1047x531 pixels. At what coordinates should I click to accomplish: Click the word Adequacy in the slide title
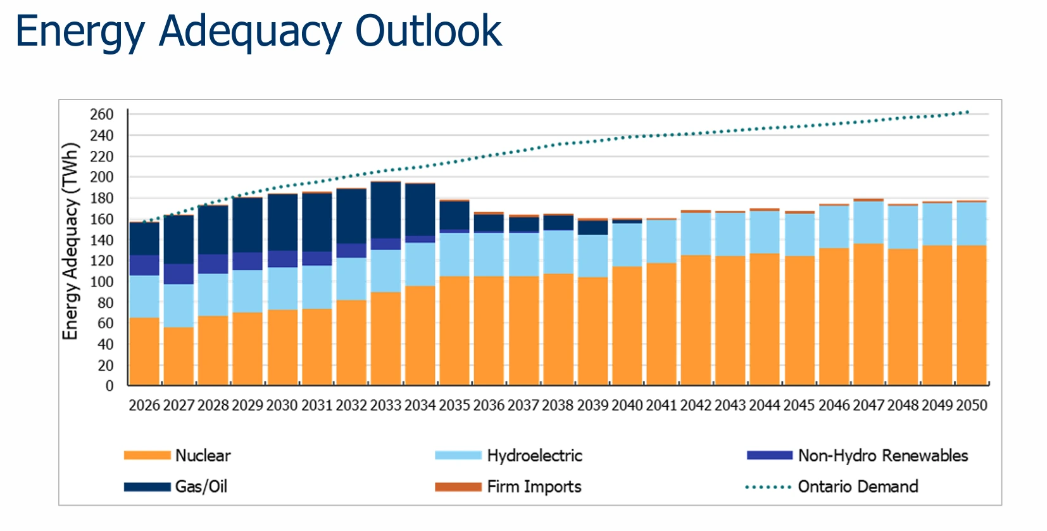pos(251,32)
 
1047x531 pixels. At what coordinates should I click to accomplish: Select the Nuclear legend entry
pos(203,456)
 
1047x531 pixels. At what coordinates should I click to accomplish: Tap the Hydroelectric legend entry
pos(534,456)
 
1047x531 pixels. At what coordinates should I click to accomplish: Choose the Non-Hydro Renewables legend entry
pos(882,456)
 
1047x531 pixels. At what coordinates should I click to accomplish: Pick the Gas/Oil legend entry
pos(201,487)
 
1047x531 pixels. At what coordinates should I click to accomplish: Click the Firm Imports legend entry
pos(534,487)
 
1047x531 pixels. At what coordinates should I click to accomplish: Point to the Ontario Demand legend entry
pos(857,487)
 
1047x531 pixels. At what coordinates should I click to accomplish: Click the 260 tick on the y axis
pos(102,115)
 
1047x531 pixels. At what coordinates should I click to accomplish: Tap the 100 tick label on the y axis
pos(102,282)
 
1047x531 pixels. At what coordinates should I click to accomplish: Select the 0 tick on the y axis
pos(110,386)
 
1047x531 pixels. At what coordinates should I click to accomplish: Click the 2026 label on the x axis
pos(144,406)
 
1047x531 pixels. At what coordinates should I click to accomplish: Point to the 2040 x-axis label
pos(627,406)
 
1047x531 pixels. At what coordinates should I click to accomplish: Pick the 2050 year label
pos(972,406)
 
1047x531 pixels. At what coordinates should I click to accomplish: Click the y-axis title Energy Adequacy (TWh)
pos(70,241)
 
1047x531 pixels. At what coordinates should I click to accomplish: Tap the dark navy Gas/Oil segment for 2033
pos(386,210)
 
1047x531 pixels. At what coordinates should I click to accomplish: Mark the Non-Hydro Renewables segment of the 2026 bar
pos(144,265)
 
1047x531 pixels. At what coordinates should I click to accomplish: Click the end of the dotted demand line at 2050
pos(967,112)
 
